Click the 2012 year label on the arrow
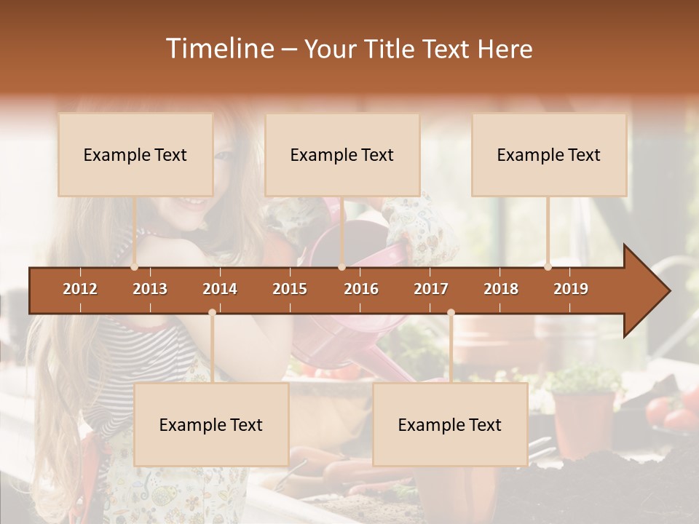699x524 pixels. click(x=80, y=289)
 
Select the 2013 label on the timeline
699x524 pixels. click(x=150, y=289)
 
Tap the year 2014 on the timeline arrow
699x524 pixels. click(x=220, y=289)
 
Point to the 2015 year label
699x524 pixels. click(x=290, y=289)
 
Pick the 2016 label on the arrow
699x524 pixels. click(x=361, y=289)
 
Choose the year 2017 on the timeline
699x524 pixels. click(x=431, y=289)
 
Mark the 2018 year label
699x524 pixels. click(x=501, y=289)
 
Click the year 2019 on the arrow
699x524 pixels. click(x=571, y=289)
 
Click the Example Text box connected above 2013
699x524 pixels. click(x=135, y=154)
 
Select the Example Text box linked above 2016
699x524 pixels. click(x=342, y=154)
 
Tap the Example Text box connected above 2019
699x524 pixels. click(x=549, y=154)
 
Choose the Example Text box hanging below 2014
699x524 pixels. click(x=211, y=424)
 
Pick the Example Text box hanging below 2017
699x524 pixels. click(x=450, y=424)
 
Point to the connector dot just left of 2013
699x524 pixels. click(x=135, y=267)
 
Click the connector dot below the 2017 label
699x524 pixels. click(x=451, y=312)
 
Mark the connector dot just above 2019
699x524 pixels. click(x=548, y=267)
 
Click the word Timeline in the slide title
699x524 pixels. click(x=218, y=49)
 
